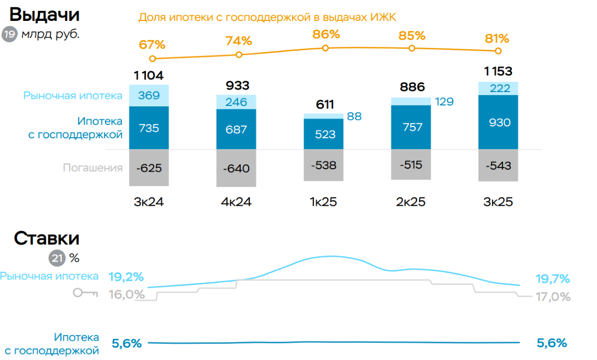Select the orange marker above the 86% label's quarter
325,48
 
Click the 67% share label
153,44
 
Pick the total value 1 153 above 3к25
498,71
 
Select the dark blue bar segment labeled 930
498,122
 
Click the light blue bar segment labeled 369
149,95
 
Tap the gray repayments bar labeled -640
236,169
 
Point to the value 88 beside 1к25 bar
354,117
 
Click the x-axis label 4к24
236,202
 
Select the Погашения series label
93,168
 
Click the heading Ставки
46,238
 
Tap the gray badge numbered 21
57,258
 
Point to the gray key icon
85,293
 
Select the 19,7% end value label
552,279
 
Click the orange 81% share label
497,38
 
